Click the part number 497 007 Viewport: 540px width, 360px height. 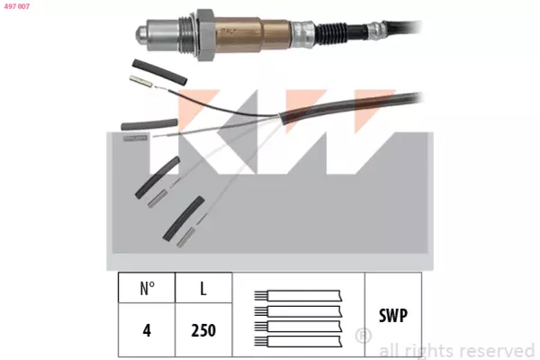click(17, 6)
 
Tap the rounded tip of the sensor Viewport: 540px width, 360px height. click(140, 35)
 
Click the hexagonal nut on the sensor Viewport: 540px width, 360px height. click(205, 35)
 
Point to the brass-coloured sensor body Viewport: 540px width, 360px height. click(252, 34)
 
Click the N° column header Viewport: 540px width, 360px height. click(147, 288)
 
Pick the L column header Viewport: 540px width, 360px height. click(203, 288)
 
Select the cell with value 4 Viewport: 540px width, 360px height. click(147, 330)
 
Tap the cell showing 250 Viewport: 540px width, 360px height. click(203, 330)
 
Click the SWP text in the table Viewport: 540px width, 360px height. click(393, 315)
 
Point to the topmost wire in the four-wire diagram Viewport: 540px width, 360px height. click(298, 295)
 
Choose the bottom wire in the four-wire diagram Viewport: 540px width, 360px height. click(298, 341)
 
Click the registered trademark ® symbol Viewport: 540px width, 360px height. click(363, 336)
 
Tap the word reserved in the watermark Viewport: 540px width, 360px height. click(497, 351)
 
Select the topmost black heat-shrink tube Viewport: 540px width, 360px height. click(160, 72)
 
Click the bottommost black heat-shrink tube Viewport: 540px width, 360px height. click(184, 219)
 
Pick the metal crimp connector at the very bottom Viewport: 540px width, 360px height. click(186, 238)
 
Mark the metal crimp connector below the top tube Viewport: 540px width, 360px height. click(141, 81)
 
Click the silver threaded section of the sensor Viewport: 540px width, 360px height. click(187, 35)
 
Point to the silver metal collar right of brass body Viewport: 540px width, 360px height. click(303, 33)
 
